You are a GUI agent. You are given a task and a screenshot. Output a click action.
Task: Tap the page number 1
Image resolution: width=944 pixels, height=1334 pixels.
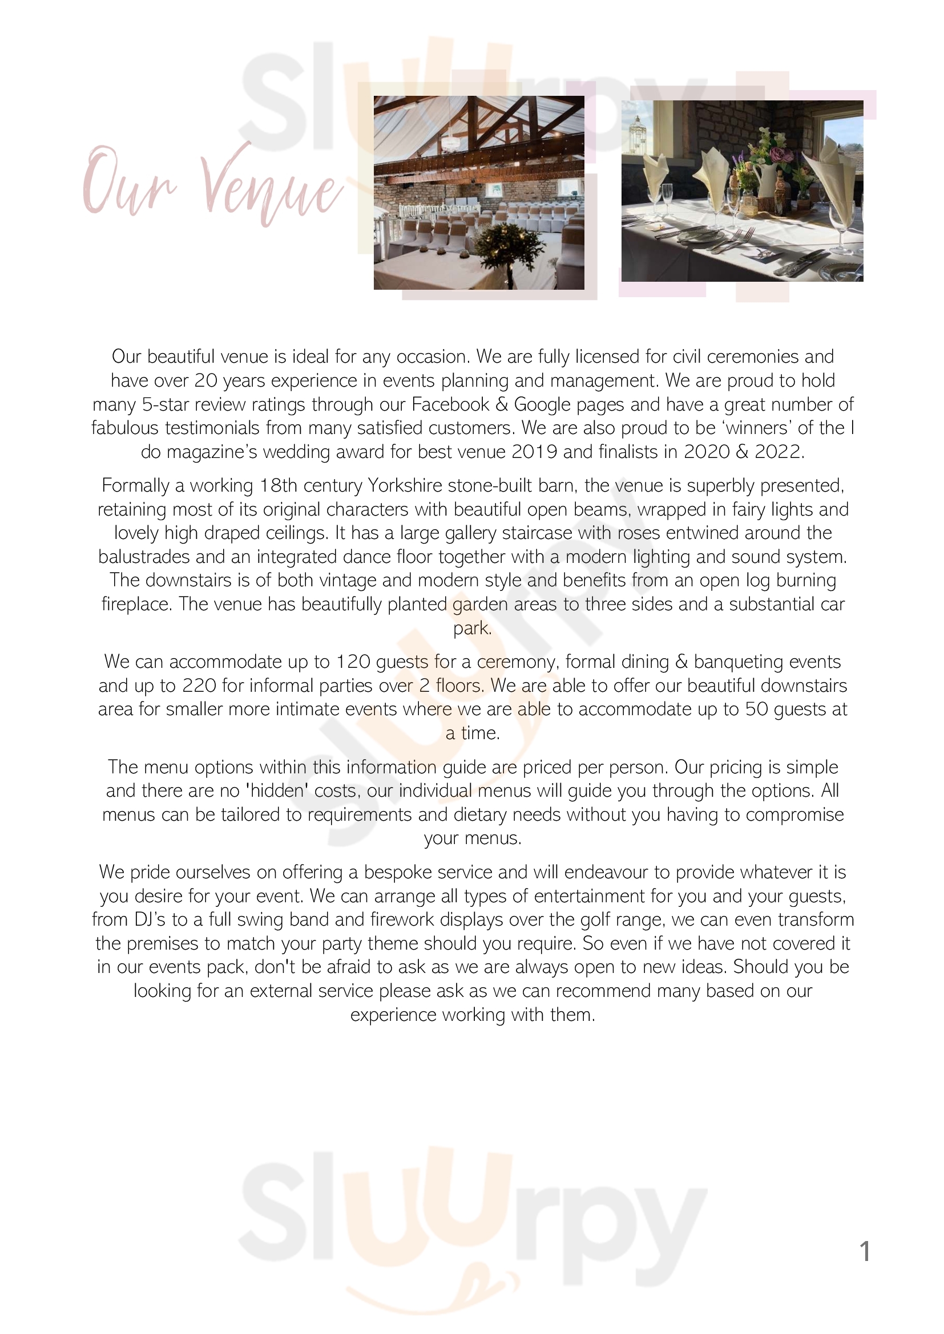pos(864,1251)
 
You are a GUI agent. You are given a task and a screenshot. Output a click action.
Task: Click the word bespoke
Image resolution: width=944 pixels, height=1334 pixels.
pos(399,872)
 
